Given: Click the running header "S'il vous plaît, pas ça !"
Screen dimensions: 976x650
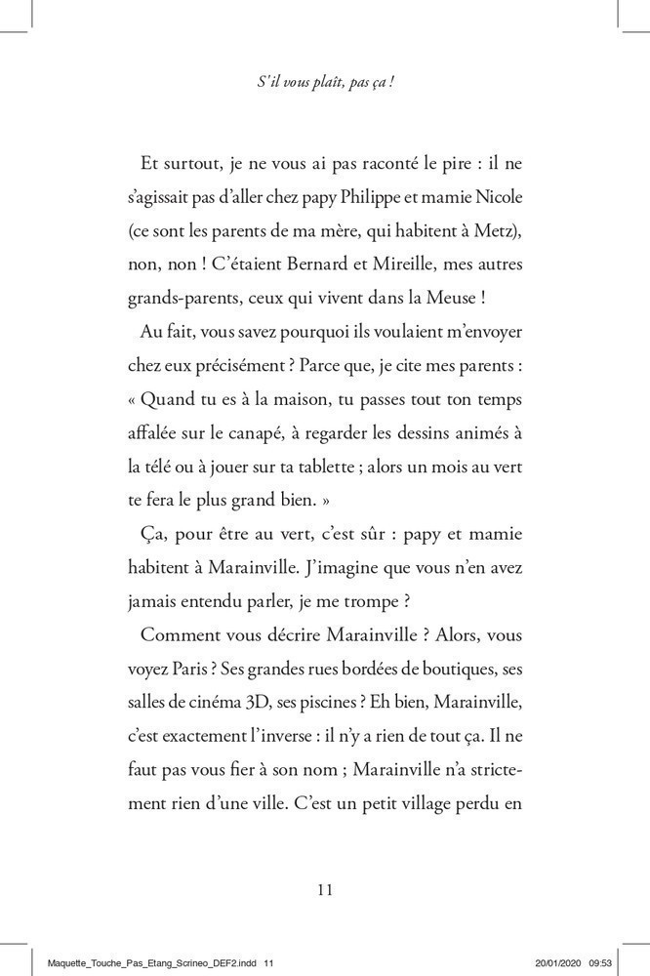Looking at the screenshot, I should coord(325,84).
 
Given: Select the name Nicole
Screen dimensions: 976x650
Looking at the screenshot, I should coord(500,197).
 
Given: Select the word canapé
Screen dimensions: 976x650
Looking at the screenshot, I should coord(279,433).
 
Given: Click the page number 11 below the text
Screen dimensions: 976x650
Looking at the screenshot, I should coord(325,888).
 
